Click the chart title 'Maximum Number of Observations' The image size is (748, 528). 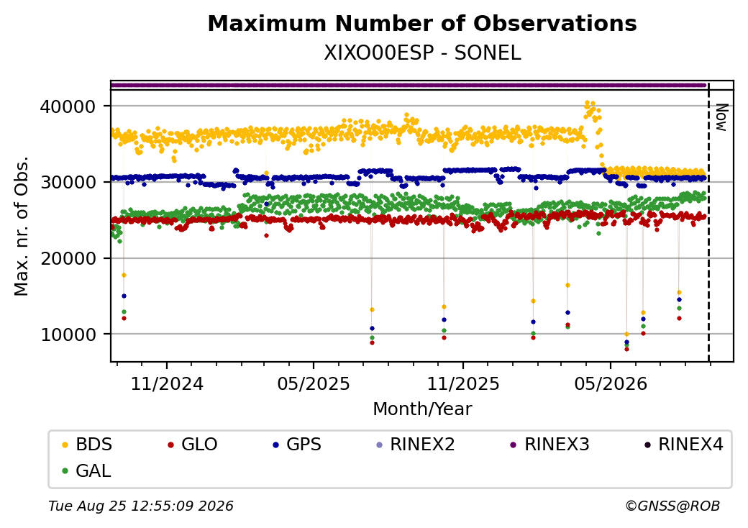point(422,23)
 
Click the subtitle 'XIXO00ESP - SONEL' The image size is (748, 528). point(422,53)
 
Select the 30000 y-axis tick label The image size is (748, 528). point(68,182)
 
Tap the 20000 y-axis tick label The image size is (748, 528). point(68,258)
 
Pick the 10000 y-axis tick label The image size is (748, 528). point(68,334)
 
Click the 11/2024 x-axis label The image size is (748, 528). point(167,383)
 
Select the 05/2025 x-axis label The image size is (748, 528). point(314,383)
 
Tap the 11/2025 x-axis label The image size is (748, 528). point(462,383)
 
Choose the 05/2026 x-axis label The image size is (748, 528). point(611,383)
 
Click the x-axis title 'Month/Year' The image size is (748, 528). point(422,409)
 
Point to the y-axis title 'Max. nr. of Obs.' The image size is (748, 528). point(22,226)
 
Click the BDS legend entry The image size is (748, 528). point(87,445)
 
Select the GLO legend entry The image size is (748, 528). point(193,445)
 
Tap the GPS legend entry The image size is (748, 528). point(297,445)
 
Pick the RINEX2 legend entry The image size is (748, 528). point(416,445)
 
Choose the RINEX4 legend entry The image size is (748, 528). point(683,445)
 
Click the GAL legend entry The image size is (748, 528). point(87,470)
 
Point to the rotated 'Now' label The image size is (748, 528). point(722,117)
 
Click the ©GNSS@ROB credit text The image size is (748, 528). point(672,506)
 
